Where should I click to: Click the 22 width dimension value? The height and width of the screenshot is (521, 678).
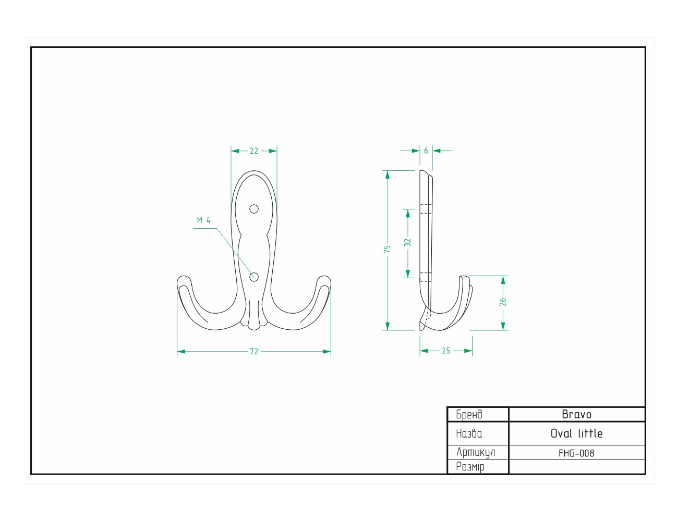coord(254,151)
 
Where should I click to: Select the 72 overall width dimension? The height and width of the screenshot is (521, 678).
coord(254,352)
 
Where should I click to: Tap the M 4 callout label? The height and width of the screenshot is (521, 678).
coord(204,220)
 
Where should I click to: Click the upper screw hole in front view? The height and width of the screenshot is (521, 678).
coord(254,209)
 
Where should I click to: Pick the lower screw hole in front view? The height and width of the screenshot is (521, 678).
coord(254,277)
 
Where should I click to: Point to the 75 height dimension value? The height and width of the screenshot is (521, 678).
coord(387,249)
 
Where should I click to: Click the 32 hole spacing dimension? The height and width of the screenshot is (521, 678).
coord(407,242)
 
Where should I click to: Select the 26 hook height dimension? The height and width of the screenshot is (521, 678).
coord(503,302)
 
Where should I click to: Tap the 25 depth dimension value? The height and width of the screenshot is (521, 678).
coord(446,351)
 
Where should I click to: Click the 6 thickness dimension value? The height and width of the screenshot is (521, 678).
coord(426,151)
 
